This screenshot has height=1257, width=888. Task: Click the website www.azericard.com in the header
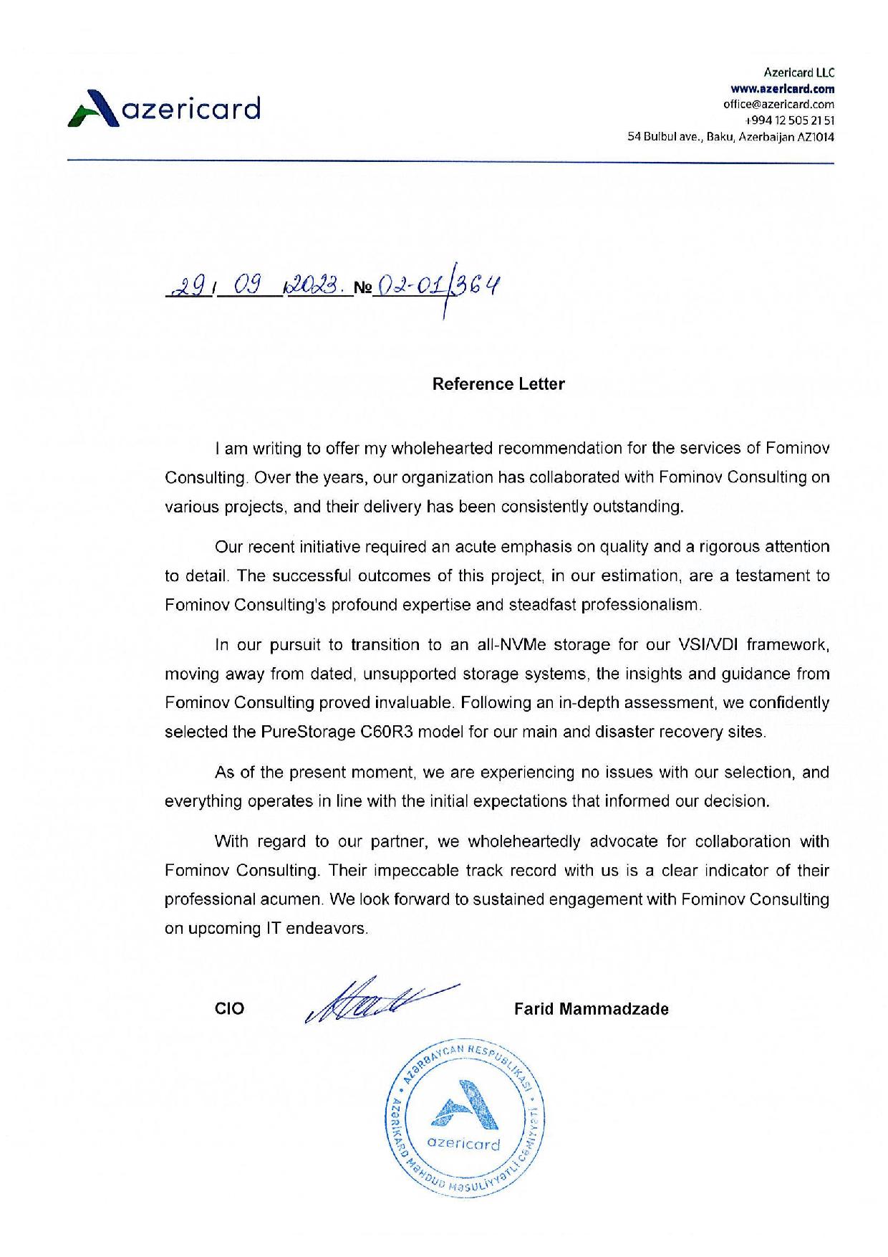[782, 90]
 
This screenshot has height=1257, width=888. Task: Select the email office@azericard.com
[779, 105]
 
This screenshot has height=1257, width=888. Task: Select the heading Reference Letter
[498, 384]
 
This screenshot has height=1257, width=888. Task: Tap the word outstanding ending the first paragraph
[637, 507]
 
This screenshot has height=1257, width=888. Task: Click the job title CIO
[229, 1009]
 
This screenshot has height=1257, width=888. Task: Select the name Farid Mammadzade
[592, 1009]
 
